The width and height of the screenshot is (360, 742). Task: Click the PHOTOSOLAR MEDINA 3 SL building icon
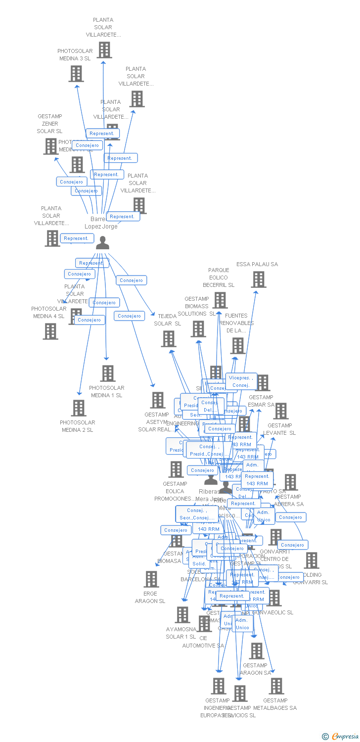tap(76, 74)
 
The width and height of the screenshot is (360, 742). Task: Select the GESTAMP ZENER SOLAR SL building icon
tap(51, 146)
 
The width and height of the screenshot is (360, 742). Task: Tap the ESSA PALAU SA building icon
tap(258, 279)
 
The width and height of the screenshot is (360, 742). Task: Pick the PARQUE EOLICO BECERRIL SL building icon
tap(220, 300)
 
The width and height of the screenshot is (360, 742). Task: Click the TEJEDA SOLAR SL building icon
tap(169, 339)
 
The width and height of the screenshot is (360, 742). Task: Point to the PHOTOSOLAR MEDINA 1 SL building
tap(108, 373)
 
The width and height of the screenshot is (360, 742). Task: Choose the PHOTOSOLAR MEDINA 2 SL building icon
tap(79, 408)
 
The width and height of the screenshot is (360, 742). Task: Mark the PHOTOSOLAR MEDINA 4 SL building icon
tap(50, 331)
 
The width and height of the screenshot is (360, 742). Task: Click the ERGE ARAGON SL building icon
tap(151, 579)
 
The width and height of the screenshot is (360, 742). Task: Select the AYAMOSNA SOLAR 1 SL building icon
tap(182, 614)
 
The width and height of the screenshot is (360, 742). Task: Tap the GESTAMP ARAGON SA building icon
tap(257, 651)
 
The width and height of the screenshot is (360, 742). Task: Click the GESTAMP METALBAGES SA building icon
tap(276, 686)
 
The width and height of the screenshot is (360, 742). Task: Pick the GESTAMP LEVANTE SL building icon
tap(281, 411)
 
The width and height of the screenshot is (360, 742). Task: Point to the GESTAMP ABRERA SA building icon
tap(291, 482)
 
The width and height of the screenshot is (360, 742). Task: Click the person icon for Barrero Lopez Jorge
tap(102, 243)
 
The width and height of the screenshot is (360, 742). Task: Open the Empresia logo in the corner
tap(340, 737)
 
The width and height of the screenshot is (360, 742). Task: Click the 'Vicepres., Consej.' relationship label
tap(241, 381)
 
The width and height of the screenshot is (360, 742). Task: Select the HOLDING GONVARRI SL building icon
tap(312, 560)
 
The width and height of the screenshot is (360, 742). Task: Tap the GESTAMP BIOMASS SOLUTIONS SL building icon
tap(198, 329)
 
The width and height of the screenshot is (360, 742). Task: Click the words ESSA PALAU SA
tap(257, 264)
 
